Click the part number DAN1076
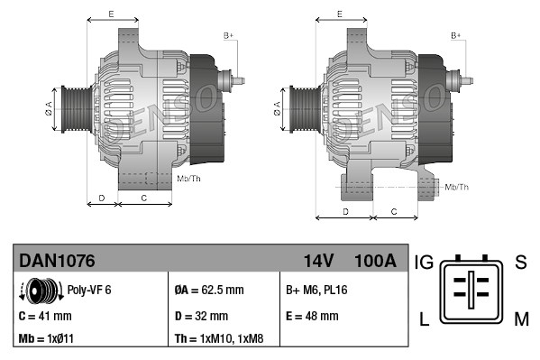tap(58, 262)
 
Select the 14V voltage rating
tap(318, 262)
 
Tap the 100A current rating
tap(375, 262)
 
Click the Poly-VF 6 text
tap(89, 291)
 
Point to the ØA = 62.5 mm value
tap(209, 291)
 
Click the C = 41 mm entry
tap(46, 316)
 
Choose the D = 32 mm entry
tap(201, 316)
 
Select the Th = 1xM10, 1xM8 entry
tap(219, 340)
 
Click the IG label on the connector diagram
tap(425, 263)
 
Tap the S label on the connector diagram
tap(520, 263)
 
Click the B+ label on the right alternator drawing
tap(456, 34)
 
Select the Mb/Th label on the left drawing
tap(190, 179)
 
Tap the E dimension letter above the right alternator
tap(339, 14)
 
